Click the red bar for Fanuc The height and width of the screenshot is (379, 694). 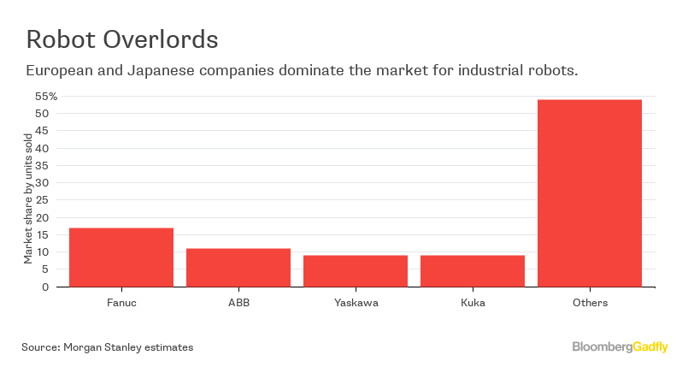(x=121, y=257)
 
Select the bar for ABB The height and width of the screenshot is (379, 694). (x=238, y=267)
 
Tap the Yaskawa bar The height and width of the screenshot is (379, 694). (x=356, y=270)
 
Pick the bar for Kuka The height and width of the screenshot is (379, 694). (x=473, y=270)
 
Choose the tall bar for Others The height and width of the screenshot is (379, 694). (x=590, y=192)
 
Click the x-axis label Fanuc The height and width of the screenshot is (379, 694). (x=121, y=302)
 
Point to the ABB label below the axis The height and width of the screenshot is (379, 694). (x=238, y=302)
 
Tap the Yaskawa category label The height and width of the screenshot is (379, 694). (x=356, y=302)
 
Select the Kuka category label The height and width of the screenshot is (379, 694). (x=473, y=302)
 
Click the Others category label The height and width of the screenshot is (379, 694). (x=590, y=302)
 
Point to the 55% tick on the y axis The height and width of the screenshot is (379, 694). (x=45, y=96)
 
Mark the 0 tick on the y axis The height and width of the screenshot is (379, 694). (x=44, y=287)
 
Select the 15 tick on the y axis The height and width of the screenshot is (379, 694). (x=41, y=234)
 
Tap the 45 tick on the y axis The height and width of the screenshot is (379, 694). (x=41, y=130)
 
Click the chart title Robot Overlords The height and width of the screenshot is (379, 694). (x=121, y=39)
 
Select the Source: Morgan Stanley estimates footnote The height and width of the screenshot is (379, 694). (x=108, y=347)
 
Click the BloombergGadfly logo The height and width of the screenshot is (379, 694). (x=620, y=346)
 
